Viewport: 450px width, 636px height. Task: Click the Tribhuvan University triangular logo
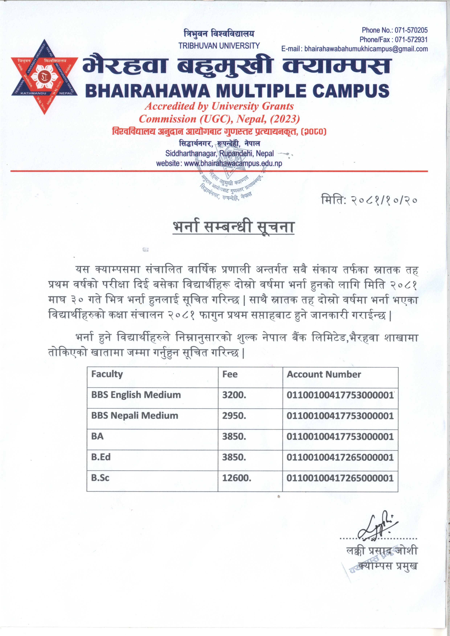(44, 77)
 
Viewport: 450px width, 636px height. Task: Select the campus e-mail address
(366, 49)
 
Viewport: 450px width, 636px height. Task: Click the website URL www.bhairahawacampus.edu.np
(233, 163)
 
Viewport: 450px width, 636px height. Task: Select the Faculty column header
(107, 374)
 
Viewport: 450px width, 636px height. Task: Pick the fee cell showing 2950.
(234, 416)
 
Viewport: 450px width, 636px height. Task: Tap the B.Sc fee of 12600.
(236, 478)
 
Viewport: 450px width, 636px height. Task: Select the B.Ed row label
(101, 457)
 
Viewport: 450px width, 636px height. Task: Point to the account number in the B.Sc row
(340, 478)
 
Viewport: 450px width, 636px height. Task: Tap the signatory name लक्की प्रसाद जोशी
(382, 550)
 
